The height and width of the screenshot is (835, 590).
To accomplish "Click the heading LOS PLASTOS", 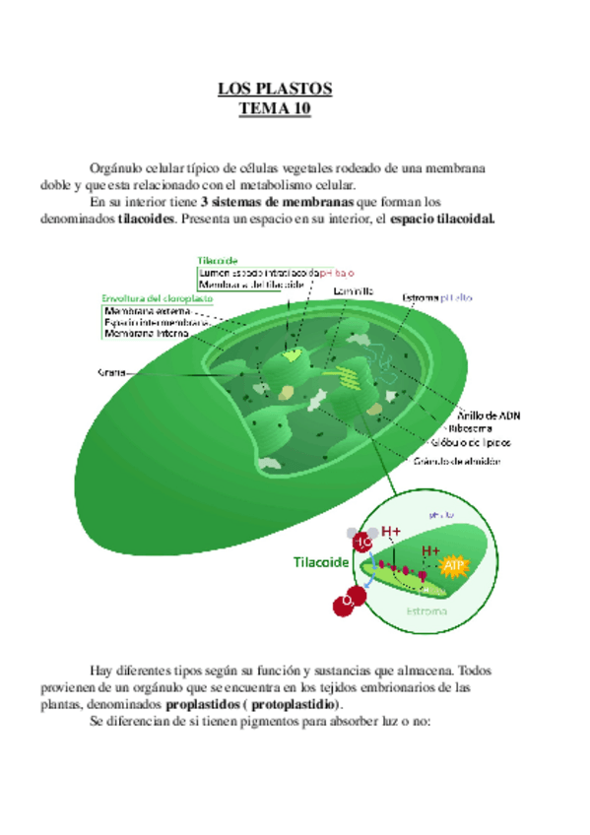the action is pyautogui.click(x=275, y=90).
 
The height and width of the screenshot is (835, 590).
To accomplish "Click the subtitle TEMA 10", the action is pyautogui.click(x=275, y=108).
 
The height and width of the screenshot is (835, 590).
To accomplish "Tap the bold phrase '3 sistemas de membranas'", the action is pyautogui.click(x=277, y=201).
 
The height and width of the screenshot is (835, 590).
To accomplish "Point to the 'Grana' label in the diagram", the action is pyautogui.click(x=110, y=372).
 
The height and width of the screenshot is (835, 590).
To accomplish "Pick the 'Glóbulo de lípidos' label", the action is pyautogui.click(x=477, y=443).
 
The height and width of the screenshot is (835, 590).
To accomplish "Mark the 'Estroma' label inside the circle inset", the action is pyautogui.click(x=426, y=610).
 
